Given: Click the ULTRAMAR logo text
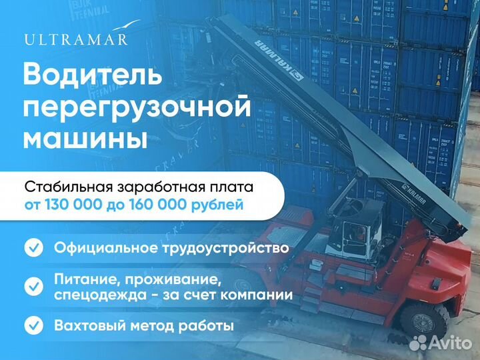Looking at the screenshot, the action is (75, 40).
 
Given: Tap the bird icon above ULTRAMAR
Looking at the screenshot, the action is (126, 25).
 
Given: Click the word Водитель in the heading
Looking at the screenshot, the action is (93, 75).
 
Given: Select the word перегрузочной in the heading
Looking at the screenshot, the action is (137, 107).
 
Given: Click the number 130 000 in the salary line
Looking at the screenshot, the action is (73, 205).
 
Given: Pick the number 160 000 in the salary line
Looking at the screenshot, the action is (157, 205).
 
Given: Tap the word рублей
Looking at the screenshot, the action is (217, 205).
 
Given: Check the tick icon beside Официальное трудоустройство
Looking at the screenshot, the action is (34, 247).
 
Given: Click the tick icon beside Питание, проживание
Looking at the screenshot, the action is (34, 286).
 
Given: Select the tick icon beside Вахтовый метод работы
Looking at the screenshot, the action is (34, 325).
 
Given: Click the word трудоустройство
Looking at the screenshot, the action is (225, 248).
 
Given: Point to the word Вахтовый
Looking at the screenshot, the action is (90, 325).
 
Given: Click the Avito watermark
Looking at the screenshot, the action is (440, 343).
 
